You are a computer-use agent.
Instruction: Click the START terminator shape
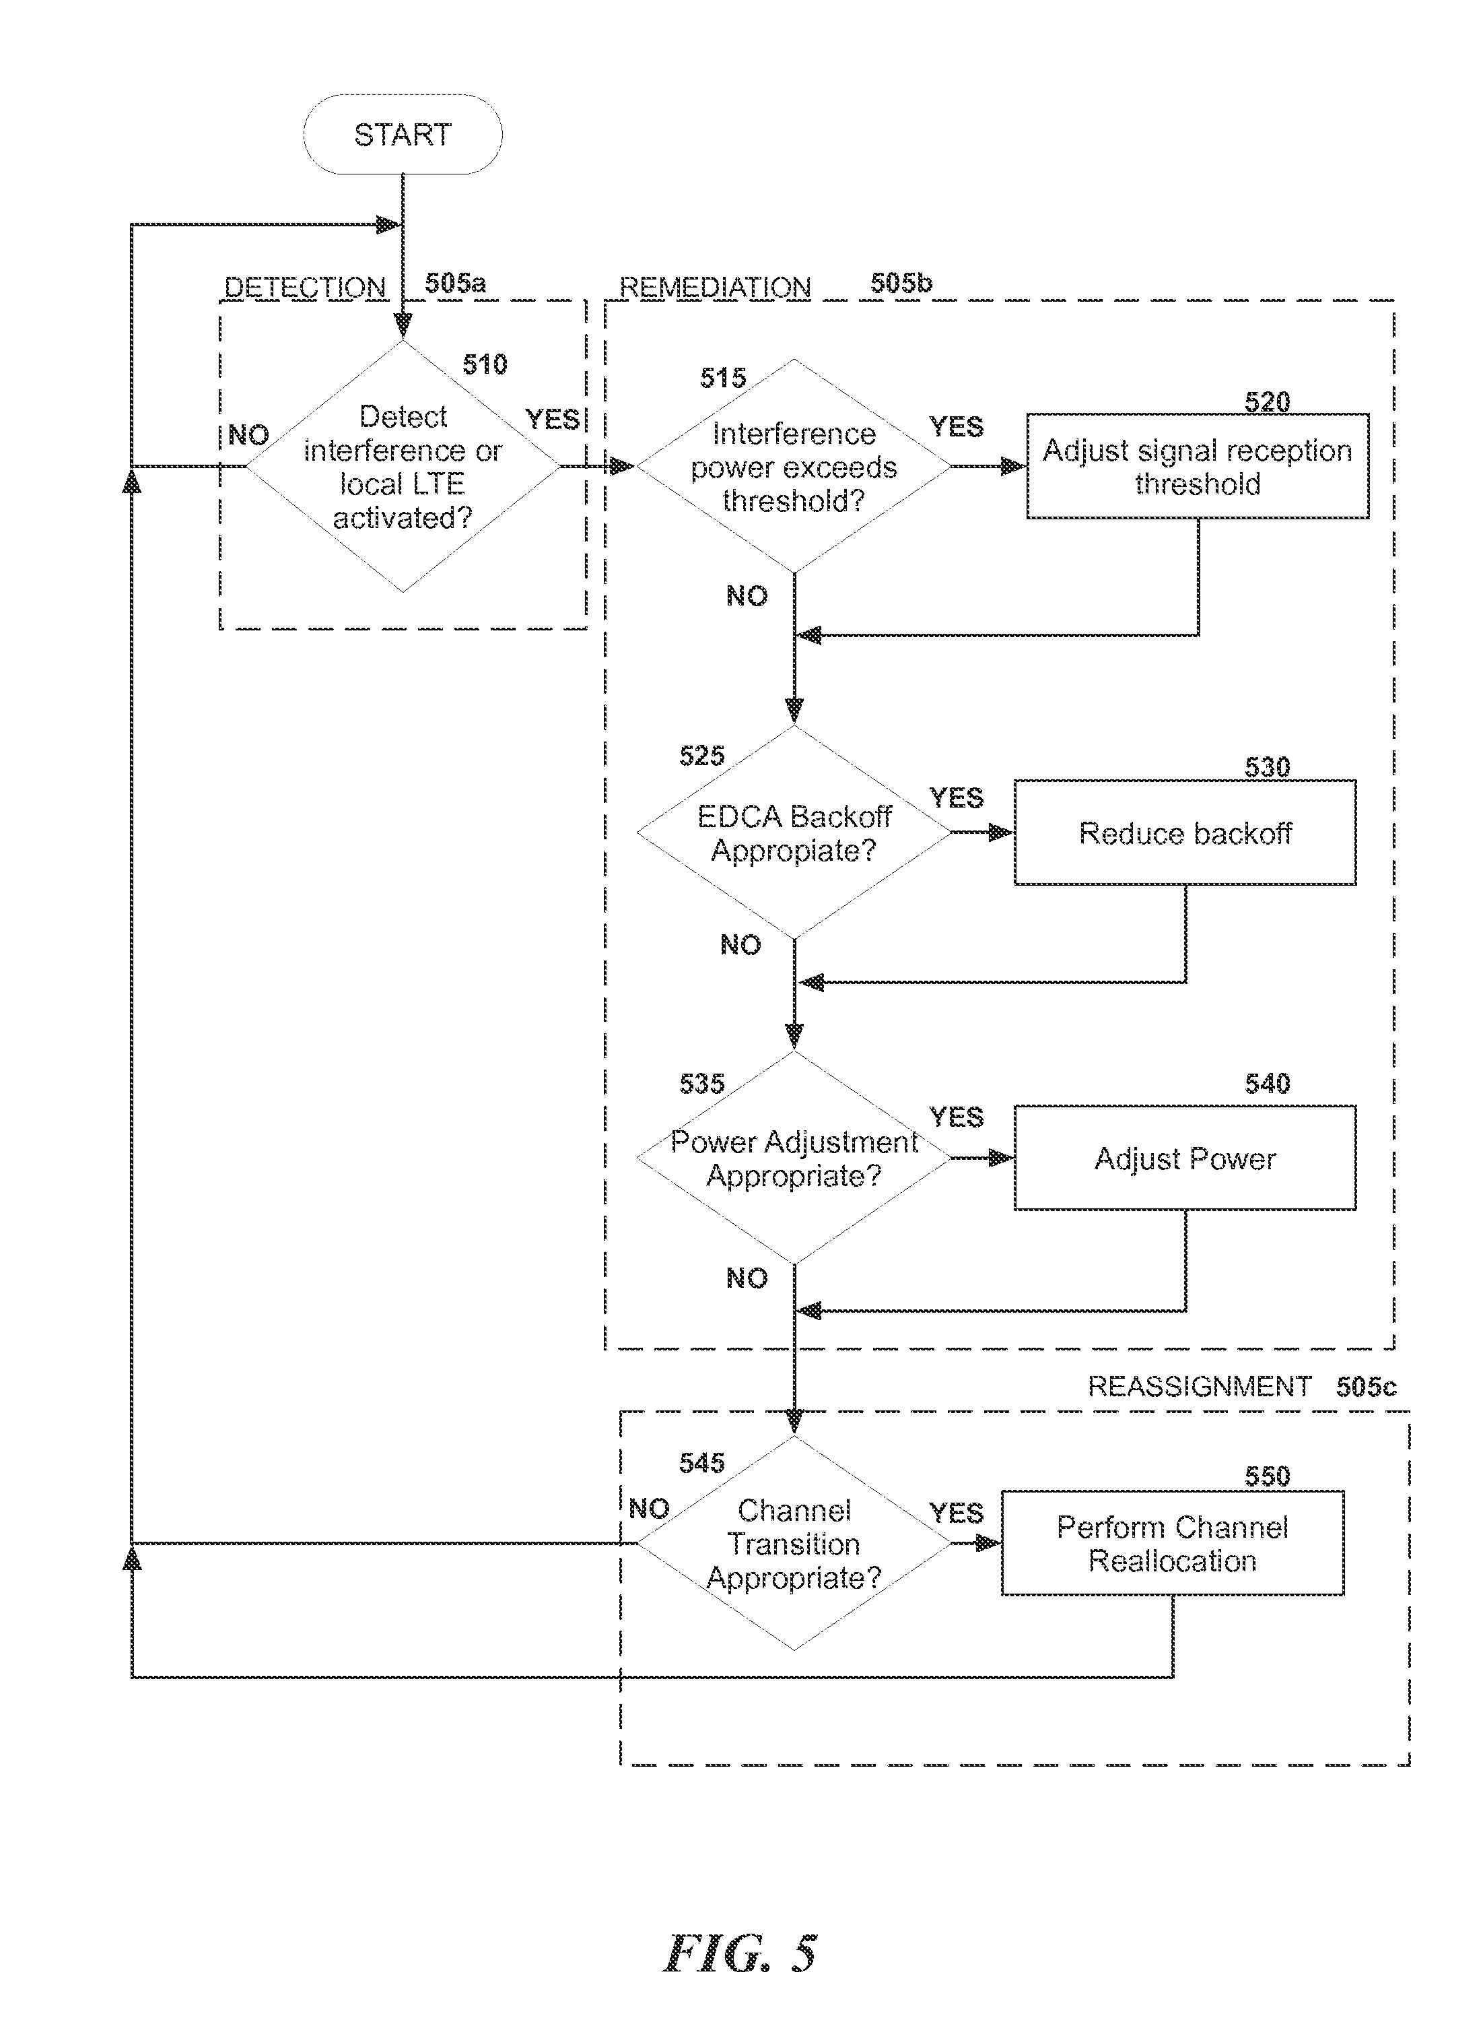[402, 135]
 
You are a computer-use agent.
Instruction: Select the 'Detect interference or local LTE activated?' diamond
[402, 467]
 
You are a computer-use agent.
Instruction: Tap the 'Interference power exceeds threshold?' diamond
[794, 467]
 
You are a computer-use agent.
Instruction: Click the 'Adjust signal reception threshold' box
[1198, 467]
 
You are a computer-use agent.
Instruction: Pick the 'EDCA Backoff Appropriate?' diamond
[794, 833]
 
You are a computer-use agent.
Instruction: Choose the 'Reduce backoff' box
[1185, 833]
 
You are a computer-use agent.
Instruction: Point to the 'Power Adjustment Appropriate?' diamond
[794, 1158]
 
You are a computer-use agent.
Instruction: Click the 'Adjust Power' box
[1185, 1158]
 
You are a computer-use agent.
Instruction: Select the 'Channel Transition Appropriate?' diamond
[794, 1544]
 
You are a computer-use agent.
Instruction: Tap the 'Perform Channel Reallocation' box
[1173, 1544]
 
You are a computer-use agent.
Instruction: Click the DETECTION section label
[305, 288]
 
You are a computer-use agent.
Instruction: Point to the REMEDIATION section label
[716, 288]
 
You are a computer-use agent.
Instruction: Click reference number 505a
[455, 284]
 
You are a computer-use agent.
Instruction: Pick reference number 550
[1267, 1476]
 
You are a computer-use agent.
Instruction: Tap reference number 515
[722, 378]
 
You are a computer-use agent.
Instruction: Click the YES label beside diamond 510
[552, 420]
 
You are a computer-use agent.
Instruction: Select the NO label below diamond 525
[740, 945]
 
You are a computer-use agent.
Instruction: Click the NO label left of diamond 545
[649, 1509]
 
